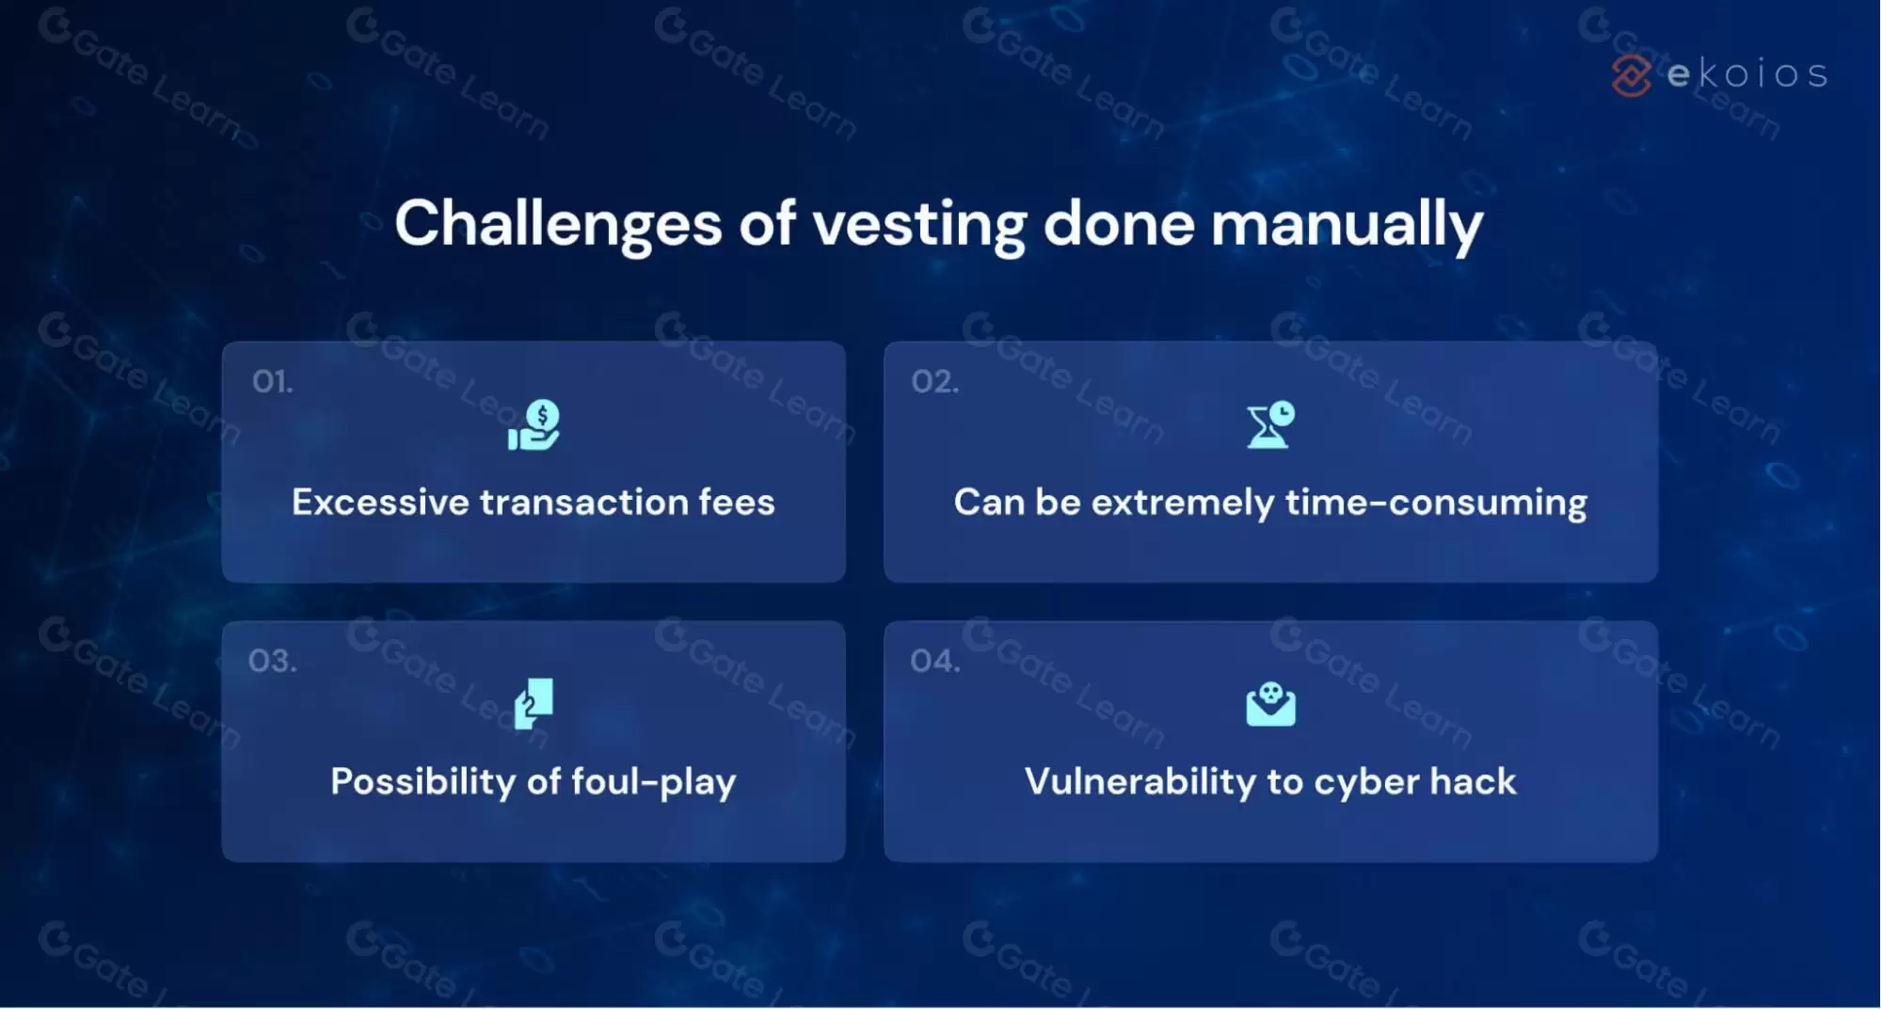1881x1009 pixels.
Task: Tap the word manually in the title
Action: tap(1347, 226)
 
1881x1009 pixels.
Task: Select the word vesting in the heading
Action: tap(919, 226)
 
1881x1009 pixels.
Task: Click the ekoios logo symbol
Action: tap(1631, 75)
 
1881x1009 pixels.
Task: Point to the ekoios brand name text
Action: tap(1747, 74)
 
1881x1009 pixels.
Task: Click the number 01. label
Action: tap(273, 381)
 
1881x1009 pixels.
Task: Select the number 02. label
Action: tap(935, 381)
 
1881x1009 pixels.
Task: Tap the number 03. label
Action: tap(273, 661)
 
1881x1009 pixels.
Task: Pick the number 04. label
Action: tap(935, 661)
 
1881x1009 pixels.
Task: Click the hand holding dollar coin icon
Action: tap(534, 424)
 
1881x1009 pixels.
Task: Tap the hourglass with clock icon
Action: tap(1270, 424)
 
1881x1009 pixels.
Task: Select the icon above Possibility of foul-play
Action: tap(534, 704)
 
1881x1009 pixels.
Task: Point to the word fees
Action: tap(737, 502)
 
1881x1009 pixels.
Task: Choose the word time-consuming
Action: tap(1437, 504)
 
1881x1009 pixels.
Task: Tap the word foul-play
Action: tap(654, 782)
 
